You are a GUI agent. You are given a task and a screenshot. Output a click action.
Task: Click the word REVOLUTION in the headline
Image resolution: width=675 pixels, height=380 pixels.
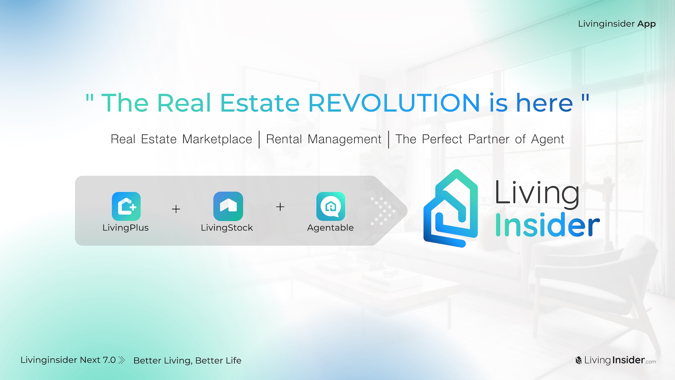(394, 103)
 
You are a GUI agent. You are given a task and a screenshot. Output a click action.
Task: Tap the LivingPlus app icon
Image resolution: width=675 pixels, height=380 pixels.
(126, 206)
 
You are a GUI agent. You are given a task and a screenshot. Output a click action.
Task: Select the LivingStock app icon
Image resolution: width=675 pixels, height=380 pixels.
(228, 206)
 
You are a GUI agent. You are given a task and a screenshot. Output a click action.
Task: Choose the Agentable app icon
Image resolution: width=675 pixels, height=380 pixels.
(331, 206)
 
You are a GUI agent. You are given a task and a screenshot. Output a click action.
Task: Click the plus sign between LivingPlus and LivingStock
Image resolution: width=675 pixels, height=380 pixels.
(176, 209)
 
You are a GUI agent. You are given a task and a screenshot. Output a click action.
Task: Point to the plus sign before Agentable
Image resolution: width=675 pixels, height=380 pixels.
(280, 207)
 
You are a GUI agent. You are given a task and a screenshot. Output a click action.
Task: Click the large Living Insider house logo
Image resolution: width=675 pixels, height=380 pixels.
(451, 208)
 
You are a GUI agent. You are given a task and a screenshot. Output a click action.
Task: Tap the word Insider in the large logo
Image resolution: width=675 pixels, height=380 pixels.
(547, 225)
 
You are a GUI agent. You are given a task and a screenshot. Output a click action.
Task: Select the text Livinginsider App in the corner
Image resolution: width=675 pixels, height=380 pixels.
(617, 24)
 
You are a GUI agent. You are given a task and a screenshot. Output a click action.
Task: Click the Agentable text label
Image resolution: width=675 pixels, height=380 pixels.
(330, 228)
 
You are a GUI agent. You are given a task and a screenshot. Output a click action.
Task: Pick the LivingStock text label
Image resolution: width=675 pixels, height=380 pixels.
(227, 228)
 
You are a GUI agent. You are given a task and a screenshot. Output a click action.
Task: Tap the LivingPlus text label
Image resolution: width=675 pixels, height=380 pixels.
(126, 228)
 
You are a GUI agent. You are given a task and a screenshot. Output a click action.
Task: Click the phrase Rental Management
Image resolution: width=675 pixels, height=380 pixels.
(324, 139)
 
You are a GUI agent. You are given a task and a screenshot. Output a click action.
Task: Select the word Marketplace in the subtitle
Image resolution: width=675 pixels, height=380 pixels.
(217, 139)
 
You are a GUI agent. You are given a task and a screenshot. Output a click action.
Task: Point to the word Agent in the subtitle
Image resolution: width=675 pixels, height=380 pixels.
(548, 140)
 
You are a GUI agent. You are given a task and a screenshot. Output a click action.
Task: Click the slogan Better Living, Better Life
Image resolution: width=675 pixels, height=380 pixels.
(187, 361)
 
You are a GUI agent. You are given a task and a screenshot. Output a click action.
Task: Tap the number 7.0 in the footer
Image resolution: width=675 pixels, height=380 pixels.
(109, 360)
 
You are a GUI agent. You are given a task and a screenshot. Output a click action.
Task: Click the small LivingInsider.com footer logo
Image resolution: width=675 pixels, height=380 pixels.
(616, 360)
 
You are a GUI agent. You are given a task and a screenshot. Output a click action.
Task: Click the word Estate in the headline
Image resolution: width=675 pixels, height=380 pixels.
(260, 103)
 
